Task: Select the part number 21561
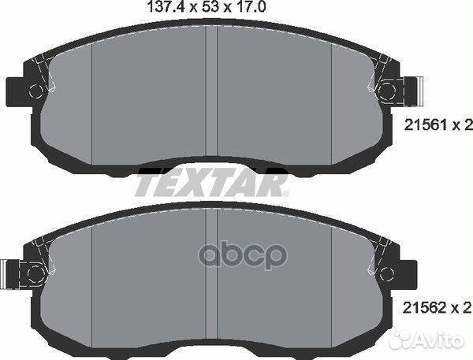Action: [x=422, y=124]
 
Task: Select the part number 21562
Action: [x=422, y=305]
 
